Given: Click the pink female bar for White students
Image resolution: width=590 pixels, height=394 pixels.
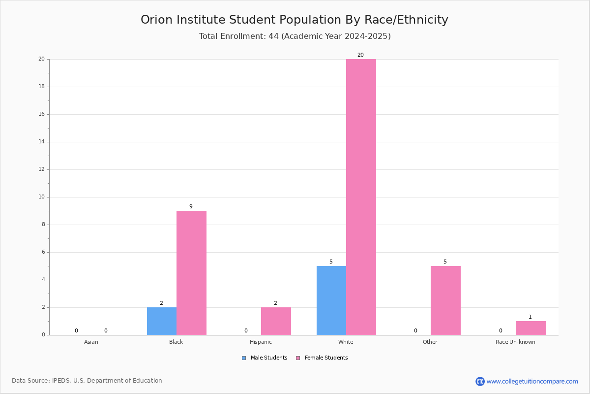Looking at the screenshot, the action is point(361,197).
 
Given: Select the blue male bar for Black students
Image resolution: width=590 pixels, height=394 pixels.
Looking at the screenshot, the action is point(162,321).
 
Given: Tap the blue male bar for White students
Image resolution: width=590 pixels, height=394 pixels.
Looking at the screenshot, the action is point(331,300).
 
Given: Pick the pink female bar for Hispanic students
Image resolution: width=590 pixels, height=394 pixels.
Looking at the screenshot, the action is point(276,321).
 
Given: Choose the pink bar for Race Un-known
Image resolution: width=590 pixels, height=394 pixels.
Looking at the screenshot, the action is point(531,328).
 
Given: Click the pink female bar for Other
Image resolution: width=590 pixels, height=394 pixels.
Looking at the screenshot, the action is point(445,300).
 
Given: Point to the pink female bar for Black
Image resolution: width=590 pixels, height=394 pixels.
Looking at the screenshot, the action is point(191,273).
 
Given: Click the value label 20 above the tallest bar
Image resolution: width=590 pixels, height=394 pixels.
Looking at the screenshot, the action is point(360,55).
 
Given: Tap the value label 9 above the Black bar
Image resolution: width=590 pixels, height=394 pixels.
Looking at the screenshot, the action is point(191,206).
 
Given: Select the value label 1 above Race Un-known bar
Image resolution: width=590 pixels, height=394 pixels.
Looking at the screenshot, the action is point(530,317).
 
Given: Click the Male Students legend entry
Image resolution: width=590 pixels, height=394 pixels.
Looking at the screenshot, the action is point(265,358).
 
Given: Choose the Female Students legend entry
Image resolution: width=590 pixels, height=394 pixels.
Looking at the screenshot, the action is point(322,358).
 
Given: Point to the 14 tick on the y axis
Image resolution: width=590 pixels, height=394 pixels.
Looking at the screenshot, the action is point(42,142).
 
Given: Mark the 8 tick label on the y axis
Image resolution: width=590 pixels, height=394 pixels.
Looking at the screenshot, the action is point(43,225).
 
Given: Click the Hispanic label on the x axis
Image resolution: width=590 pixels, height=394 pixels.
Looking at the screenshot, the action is point(261,342).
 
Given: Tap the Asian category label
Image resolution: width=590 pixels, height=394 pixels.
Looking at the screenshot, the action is point(91,342).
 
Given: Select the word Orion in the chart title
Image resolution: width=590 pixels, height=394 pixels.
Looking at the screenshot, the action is point(156,20).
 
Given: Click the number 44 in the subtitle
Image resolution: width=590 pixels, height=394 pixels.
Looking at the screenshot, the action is point(274,36).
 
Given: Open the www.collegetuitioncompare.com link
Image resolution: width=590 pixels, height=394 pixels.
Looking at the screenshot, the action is point(532,381).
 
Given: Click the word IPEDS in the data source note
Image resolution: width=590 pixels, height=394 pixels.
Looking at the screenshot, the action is point(61,381).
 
